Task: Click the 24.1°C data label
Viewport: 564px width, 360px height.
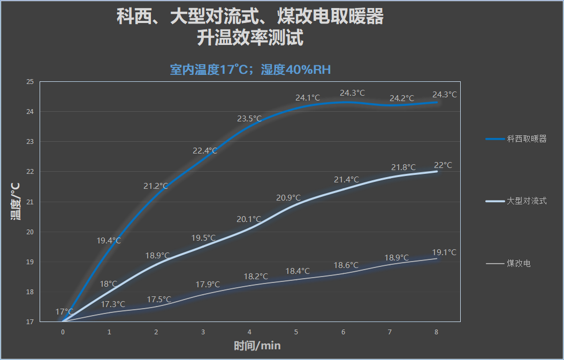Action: click(x=308, y=98)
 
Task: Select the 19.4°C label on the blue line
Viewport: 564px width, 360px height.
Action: click(x=109, y=241)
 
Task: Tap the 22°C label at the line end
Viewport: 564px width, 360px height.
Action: click(x=443, y=165)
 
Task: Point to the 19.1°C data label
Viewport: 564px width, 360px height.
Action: click(x=444, y=252)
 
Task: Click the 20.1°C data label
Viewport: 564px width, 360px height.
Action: click(x=249, y=219)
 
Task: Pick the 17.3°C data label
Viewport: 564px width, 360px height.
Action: click(x=113, y=304)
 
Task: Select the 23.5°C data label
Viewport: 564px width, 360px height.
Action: click(x=249, y=119)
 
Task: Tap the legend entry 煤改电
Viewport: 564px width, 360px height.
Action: click(x=519, y=264)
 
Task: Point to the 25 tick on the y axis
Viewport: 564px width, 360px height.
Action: click(x=30, y=82)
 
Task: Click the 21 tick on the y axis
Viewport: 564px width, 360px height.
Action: click(x=30, y=202)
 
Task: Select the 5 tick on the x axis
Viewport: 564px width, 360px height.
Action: click(x=296, y=332)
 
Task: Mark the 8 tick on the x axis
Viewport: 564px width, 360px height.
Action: click(x=436, y=332)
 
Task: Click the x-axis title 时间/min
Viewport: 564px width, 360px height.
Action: click(x=257, y=346)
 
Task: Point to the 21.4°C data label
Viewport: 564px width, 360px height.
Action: click(x=347, y=180)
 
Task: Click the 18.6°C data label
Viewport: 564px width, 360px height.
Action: click(x=346, y=265)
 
